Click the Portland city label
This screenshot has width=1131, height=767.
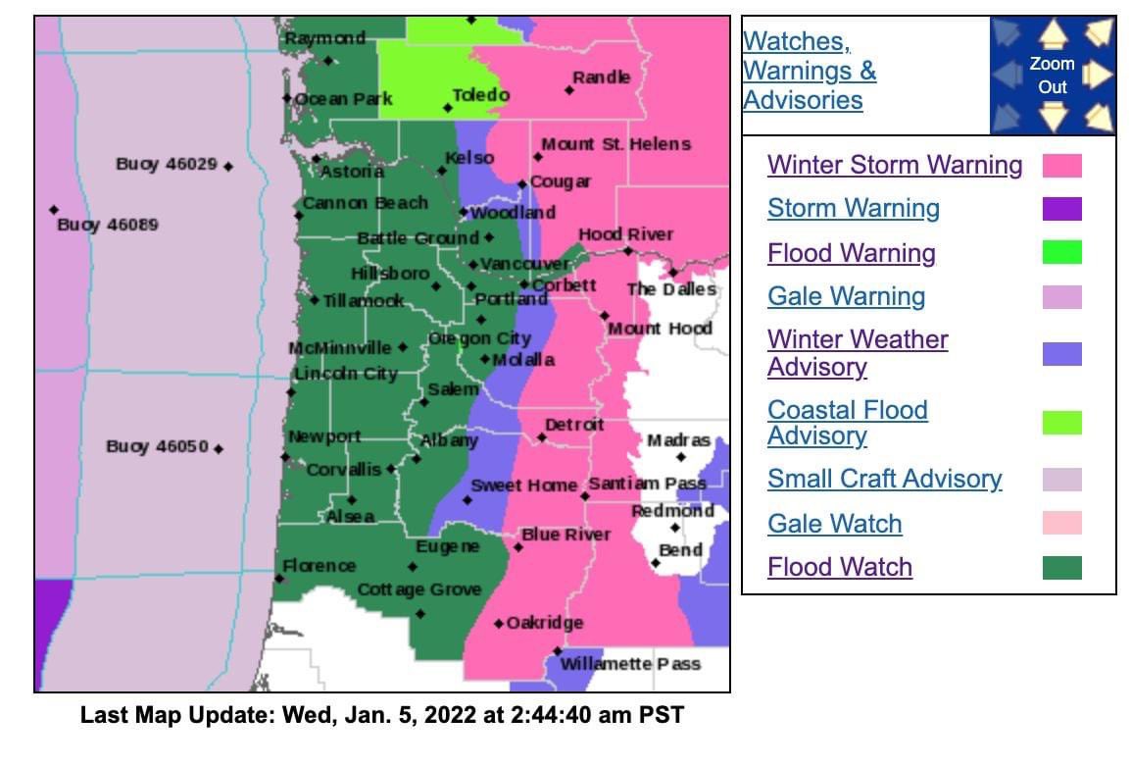click(512, 299)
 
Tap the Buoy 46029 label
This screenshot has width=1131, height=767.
click(167, 164)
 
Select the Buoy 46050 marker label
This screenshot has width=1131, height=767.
click(157, 446)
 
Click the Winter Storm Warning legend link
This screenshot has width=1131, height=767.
click(894, 165)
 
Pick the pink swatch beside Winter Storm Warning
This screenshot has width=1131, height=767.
click(1061, 165)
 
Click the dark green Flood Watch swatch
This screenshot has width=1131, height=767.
click(1061, 567)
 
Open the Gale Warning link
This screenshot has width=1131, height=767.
click(846, 296)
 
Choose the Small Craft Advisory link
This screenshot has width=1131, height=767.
click(884, 479)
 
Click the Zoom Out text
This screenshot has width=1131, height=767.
click(1052, 75)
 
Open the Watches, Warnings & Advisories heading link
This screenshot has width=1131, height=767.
click(809, 71)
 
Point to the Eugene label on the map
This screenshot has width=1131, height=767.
click(448, 546)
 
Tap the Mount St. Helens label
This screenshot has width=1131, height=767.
click(615, 144)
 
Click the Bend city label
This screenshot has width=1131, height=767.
click(680, 549)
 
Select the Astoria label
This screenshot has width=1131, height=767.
click(352, 172)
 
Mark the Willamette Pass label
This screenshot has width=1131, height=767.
click(630, 664)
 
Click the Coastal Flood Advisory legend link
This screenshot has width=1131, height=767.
click(847, 423)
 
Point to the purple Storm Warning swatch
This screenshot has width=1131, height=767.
click(1061, 209)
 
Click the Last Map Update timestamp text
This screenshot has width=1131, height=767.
click(382, 715)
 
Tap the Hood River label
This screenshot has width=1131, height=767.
click(625, 234)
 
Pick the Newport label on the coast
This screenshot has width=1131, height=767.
click(324, 436)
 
